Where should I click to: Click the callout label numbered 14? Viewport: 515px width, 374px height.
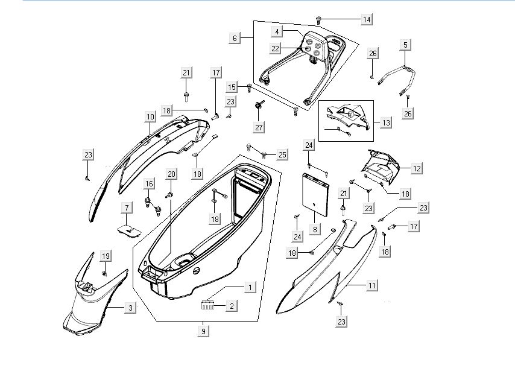pos(366,19)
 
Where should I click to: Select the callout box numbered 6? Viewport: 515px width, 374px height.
pos(234,38)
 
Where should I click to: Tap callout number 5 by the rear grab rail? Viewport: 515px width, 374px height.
pos(405,45)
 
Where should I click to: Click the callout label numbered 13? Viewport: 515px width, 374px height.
pos(386,122)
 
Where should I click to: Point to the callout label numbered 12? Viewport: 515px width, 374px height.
pos(417,170)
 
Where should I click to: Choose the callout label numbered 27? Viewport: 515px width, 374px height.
pos(259,127)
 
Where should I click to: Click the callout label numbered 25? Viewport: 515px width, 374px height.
pos(282,155)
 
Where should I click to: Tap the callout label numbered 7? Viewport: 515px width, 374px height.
pos(127,208)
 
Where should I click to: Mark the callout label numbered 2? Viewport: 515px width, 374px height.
pos(231,306)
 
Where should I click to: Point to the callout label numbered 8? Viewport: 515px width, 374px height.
pos(314,229)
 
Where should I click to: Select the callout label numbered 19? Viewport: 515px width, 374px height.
pos(106,256)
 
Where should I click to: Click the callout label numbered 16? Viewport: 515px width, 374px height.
pos(149,183)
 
